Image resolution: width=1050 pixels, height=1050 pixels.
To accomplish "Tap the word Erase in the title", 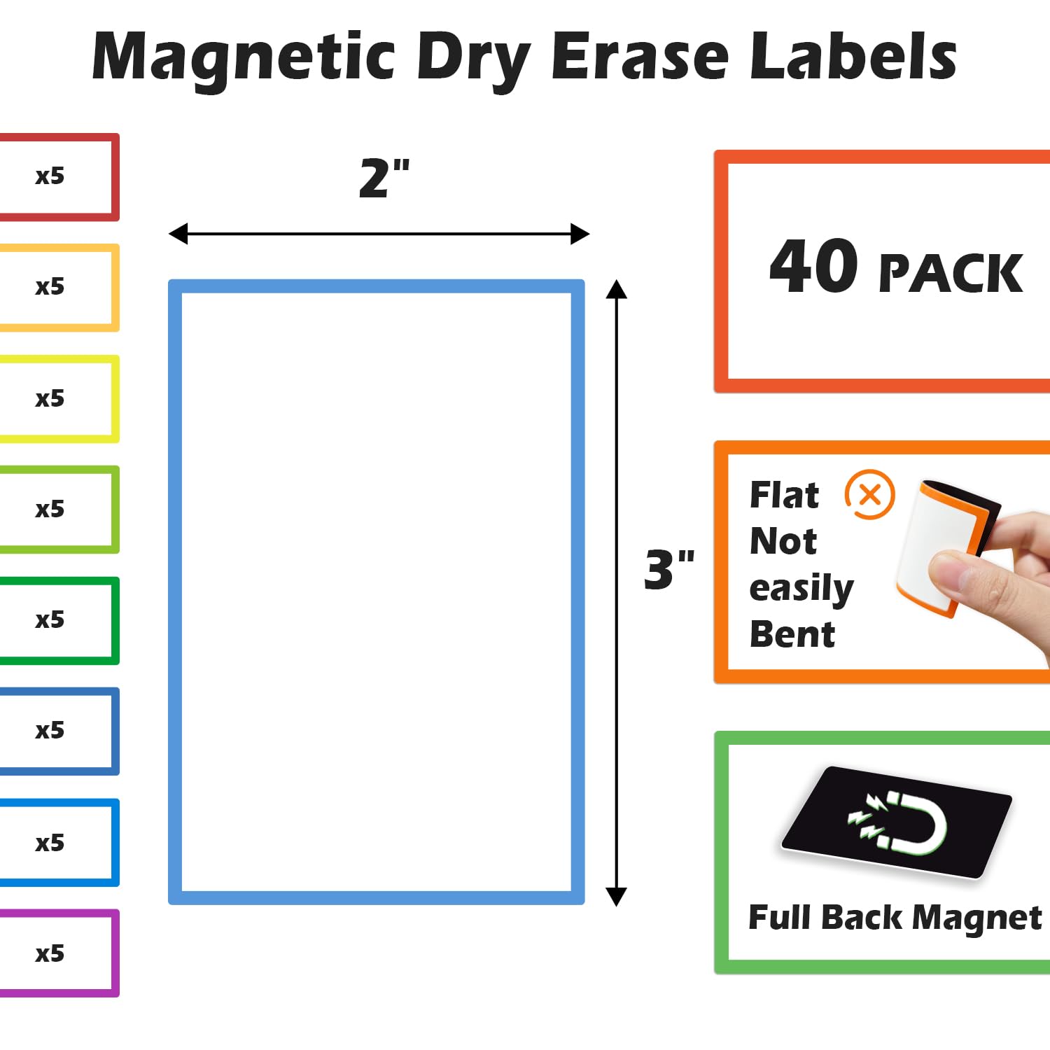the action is (640, 57).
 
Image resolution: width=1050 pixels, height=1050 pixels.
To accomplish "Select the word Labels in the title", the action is (853, 56).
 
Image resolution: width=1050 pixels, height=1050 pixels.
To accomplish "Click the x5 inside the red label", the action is (50, 176).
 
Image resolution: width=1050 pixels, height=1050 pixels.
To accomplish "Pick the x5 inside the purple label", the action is (50, 953).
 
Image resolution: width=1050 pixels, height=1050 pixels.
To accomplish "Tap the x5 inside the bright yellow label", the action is (50, 398).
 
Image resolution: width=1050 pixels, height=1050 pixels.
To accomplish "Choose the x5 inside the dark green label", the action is (50, 619).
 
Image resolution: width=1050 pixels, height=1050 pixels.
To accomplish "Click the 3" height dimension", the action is (669, 569).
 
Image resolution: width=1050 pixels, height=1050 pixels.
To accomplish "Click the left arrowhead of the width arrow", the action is (178, 234).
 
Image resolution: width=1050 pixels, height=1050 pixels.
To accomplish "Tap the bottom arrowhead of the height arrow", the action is (616, 897).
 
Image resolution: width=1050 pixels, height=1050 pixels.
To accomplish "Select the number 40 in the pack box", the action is (813, 265).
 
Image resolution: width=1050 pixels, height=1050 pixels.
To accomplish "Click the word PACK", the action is (951, 273).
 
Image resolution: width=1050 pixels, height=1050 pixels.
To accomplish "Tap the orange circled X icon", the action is (870, 495).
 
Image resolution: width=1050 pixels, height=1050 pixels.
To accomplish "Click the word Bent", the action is (792, 635).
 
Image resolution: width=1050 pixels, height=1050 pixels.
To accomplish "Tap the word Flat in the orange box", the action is (784, 495).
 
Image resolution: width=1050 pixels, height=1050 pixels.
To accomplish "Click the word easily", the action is (801, 589).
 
